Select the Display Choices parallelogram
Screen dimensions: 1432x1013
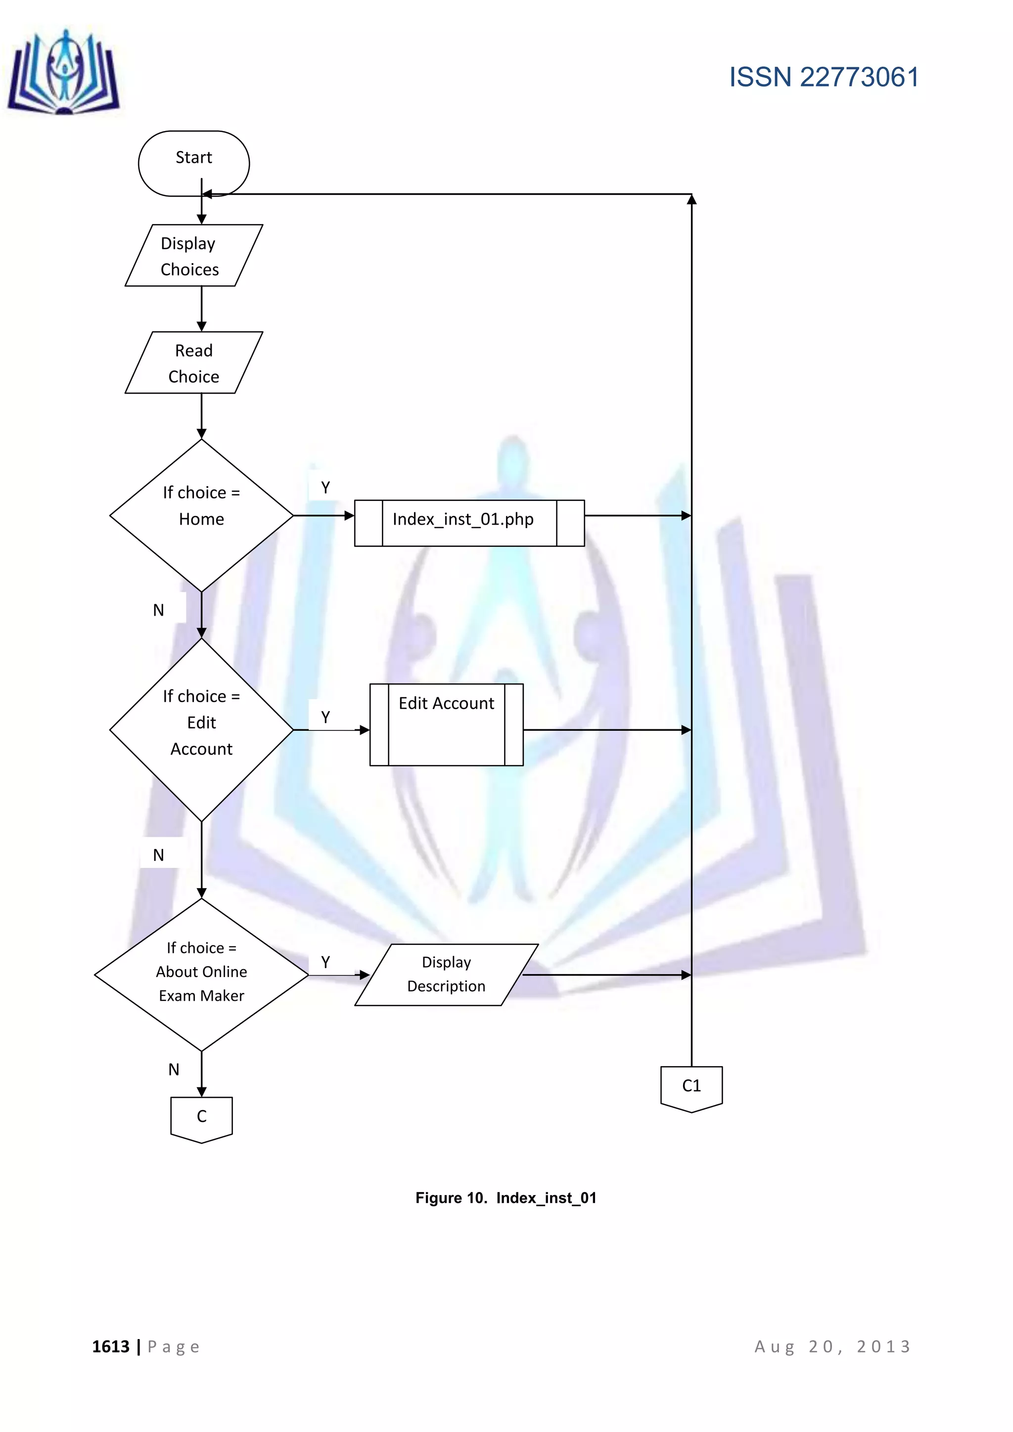coord(193,256)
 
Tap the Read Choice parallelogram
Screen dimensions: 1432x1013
coord(193,363)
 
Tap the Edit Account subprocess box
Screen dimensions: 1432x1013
coord(446,725)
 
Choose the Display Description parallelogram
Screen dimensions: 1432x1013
coord(446,974)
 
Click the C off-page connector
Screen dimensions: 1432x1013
coord(201,1119)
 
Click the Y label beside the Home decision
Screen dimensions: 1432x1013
coord(325,488)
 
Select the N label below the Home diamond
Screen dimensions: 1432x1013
coord(158,610)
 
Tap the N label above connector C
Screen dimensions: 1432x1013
coord(174,1070)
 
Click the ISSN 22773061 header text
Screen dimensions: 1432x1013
coord(824,77)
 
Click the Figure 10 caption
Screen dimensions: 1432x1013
coord(506,1198)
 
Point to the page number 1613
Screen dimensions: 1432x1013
coord(111,1346)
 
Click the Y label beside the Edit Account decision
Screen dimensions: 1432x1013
coord(325,717)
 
